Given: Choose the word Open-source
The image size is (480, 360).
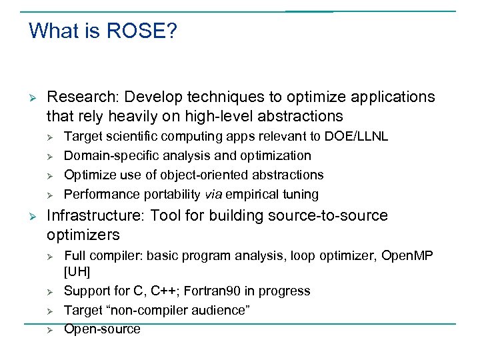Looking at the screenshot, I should click(x=102, y=329).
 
